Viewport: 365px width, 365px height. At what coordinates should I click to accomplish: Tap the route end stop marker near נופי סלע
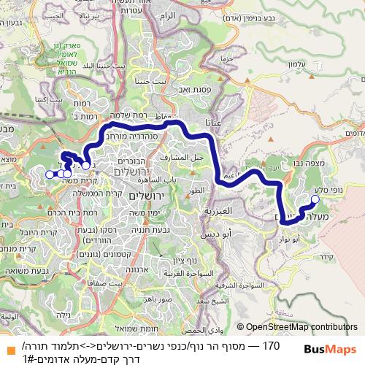[315, 189]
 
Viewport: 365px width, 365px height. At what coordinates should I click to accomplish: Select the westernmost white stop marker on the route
[49, 174]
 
